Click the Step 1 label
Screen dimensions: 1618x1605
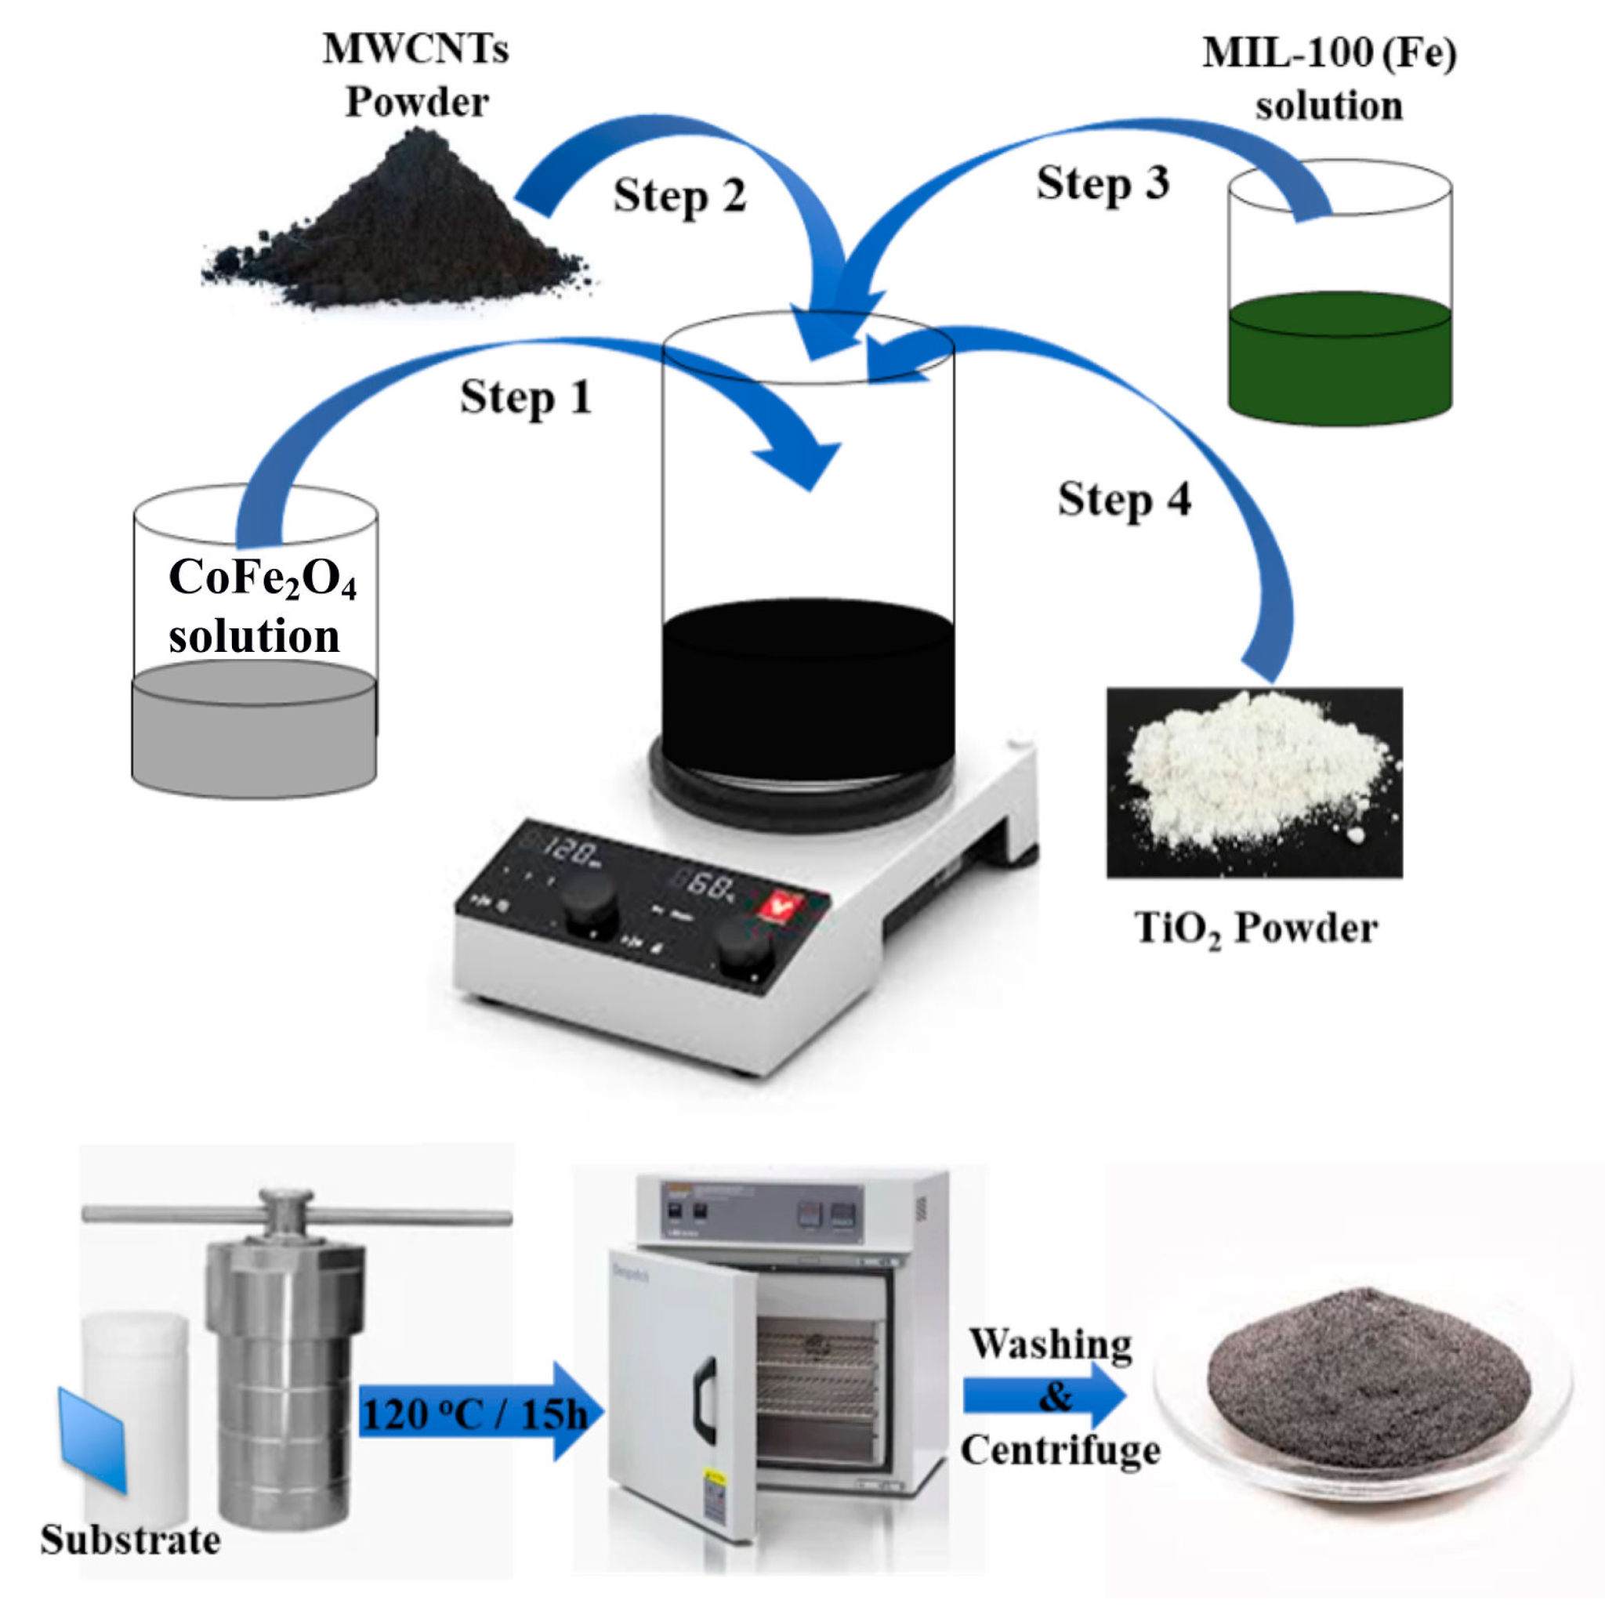tap(526, 398)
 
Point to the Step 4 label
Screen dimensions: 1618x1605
tap(1124, 500)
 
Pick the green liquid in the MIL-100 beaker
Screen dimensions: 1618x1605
tap(1339, 360)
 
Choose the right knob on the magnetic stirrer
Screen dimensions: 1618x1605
tap(745, 948)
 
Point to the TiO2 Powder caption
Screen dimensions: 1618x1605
tap(1255, 929)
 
